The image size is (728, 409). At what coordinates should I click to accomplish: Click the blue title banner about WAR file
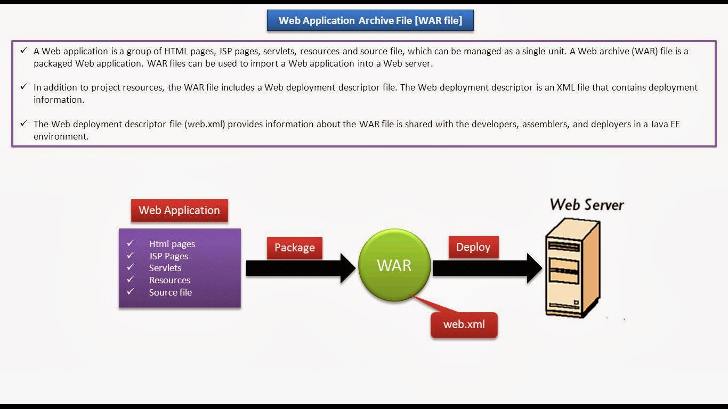[370, 21]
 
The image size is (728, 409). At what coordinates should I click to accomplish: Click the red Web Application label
[179, 210]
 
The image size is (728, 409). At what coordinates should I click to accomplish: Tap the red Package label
[294, 248]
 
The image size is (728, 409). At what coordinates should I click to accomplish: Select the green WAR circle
[394, 265]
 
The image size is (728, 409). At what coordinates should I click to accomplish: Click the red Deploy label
[473, 247]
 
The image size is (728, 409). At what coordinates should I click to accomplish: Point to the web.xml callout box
[464, 324]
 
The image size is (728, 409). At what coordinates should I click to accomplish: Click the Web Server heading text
[587, 204]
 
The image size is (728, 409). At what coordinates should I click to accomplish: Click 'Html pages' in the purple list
[172, 244]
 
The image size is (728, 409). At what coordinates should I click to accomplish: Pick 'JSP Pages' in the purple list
[168, 256]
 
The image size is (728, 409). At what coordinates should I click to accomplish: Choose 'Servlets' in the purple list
[165, 268]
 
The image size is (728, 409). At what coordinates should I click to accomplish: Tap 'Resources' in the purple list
[169, 280]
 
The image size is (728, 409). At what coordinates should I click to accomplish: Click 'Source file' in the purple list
[171, 292]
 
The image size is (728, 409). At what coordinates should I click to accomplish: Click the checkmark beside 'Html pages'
[130, 243]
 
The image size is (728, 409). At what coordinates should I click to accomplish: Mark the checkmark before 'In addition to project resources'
[23, 86]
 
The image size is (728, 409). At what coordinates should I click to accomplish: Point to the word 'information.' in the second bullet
[59, 100]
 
